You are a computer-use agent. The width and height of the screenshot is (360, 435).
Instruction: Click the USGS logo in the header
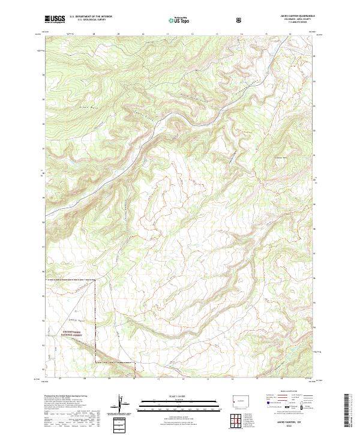coord(55,20)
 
